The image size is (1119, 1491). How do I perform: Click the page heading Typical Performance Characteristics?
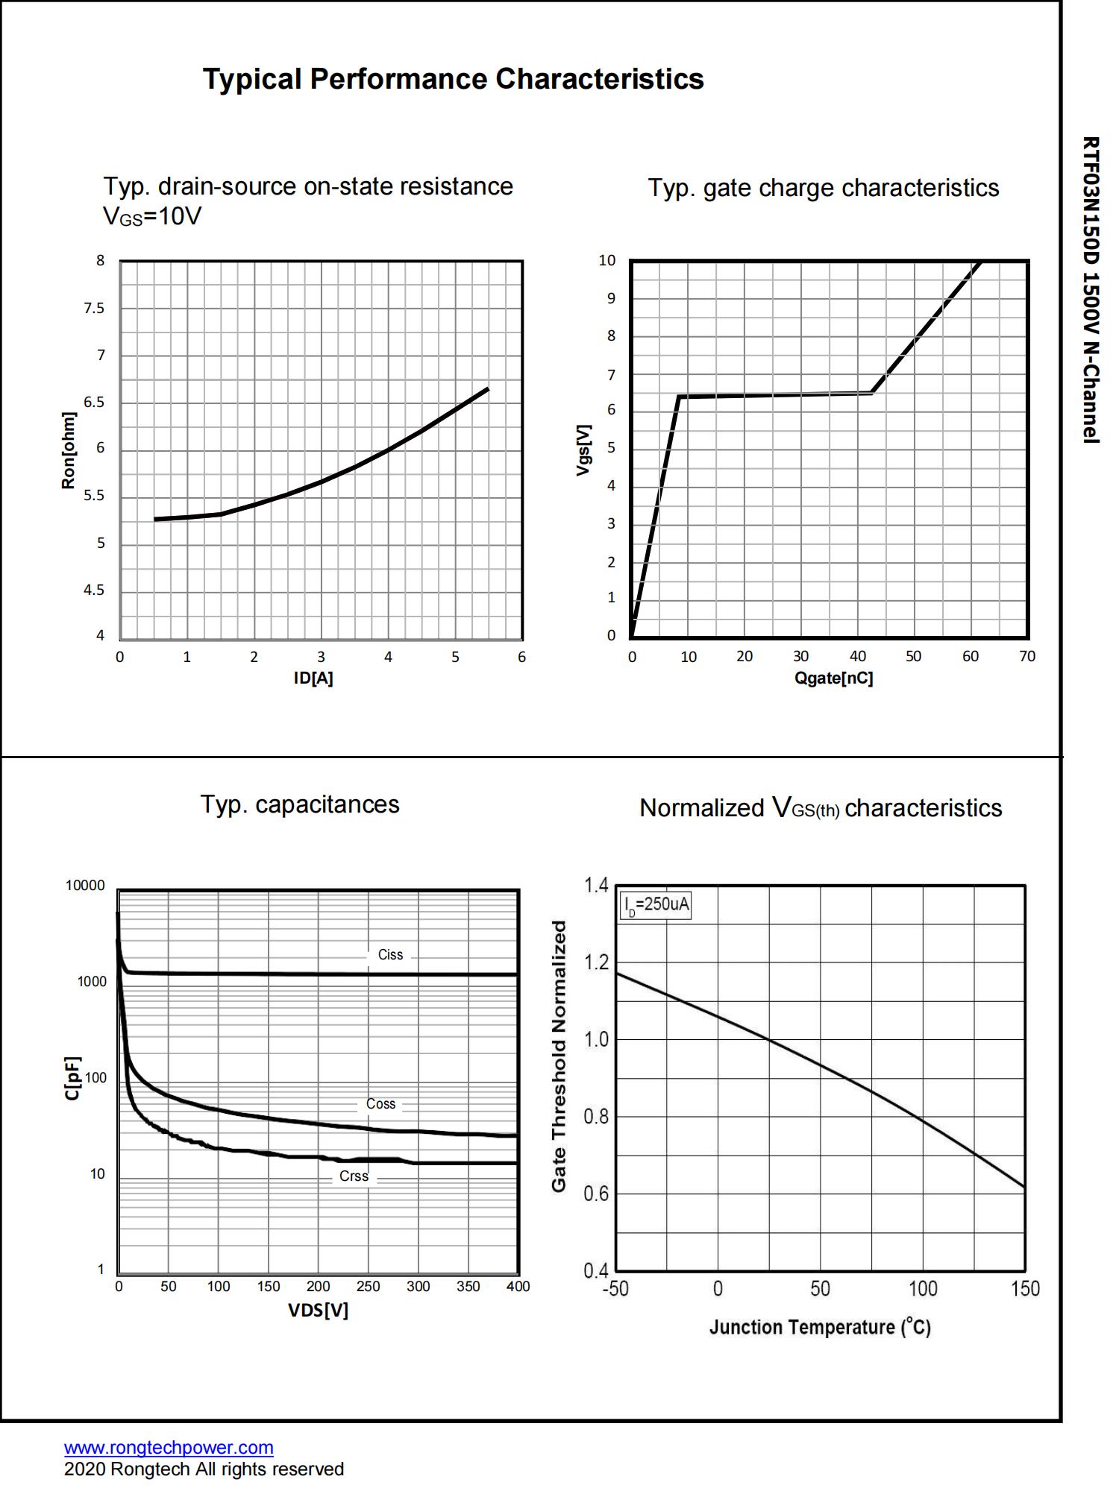click(453, 79)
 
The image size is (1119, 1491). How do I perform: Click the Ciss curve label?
click(390, 954)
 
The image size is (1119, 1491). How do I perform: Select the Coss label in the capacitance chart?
click(380, 1104)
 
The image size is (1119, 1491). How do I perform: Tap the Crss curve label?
click(354, 1176)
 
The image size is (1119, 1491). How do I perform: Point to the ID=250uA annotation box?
click(656, 906)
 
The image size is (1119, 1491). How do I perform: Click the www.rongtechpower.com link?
click(169, 1448)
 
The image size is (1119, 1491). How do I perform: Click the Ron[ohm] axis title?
click(69, 450)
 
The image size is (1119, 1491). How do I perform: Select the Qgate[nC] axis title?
click(833, 678)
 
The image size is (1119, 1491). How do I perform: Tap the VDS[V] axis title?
click(319, 1310)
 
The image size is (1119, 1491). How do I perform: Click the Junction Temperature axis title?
click(820, 1328)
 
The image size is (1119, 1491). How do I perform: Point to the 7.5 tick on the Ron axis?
click(94, 309)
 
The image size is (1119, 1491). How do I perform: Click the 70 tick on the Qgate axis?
click(1027, 657)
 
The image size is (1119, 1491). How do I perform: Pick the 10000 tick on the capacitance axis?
click(86, 886)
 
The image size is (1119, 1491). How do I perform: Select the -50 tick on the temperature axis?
click(615, 1289)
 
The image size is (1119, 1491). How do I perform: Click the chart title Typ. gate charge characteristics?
click(823, 188)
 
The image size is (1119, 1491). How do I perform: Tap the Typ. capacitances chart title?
click(300, 804)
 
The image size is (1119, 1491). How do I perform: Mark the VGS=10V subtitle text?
click(152, 217)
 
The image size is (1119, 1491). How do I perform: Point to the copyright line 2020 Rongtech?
click(204, 1469)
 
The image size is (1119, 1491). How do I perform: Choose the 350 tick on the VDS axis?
click(468, 1287)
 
